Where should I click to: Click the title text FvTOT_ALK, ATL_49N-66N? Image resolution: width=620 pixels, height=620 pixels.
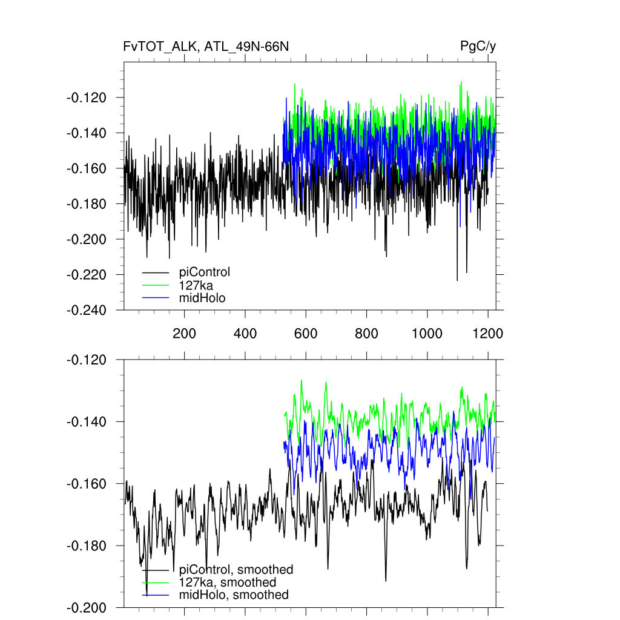click(206, 47)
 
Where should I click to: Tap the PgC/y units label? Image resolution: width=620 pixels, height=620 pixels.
click(478, 47)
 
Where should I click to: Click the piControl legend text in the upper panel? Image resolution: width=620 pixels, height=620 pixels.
click(205, 272)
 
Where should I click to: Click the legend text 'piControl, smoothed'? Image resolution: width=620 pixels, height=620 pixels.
click(236, 569)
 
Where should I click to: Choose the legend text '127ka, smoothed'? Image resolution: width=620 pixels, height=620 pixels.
click(228, 582)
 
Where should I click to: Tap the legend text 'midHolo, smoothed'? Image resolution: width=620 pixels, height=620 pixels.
click(234, 595)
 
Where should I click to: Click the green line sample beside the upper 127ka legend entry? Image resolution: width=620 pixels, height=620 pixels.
click(156, 285)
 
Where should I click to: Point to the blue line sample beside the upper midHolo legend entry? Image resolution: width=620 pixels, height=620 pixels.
click(156, 297)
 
